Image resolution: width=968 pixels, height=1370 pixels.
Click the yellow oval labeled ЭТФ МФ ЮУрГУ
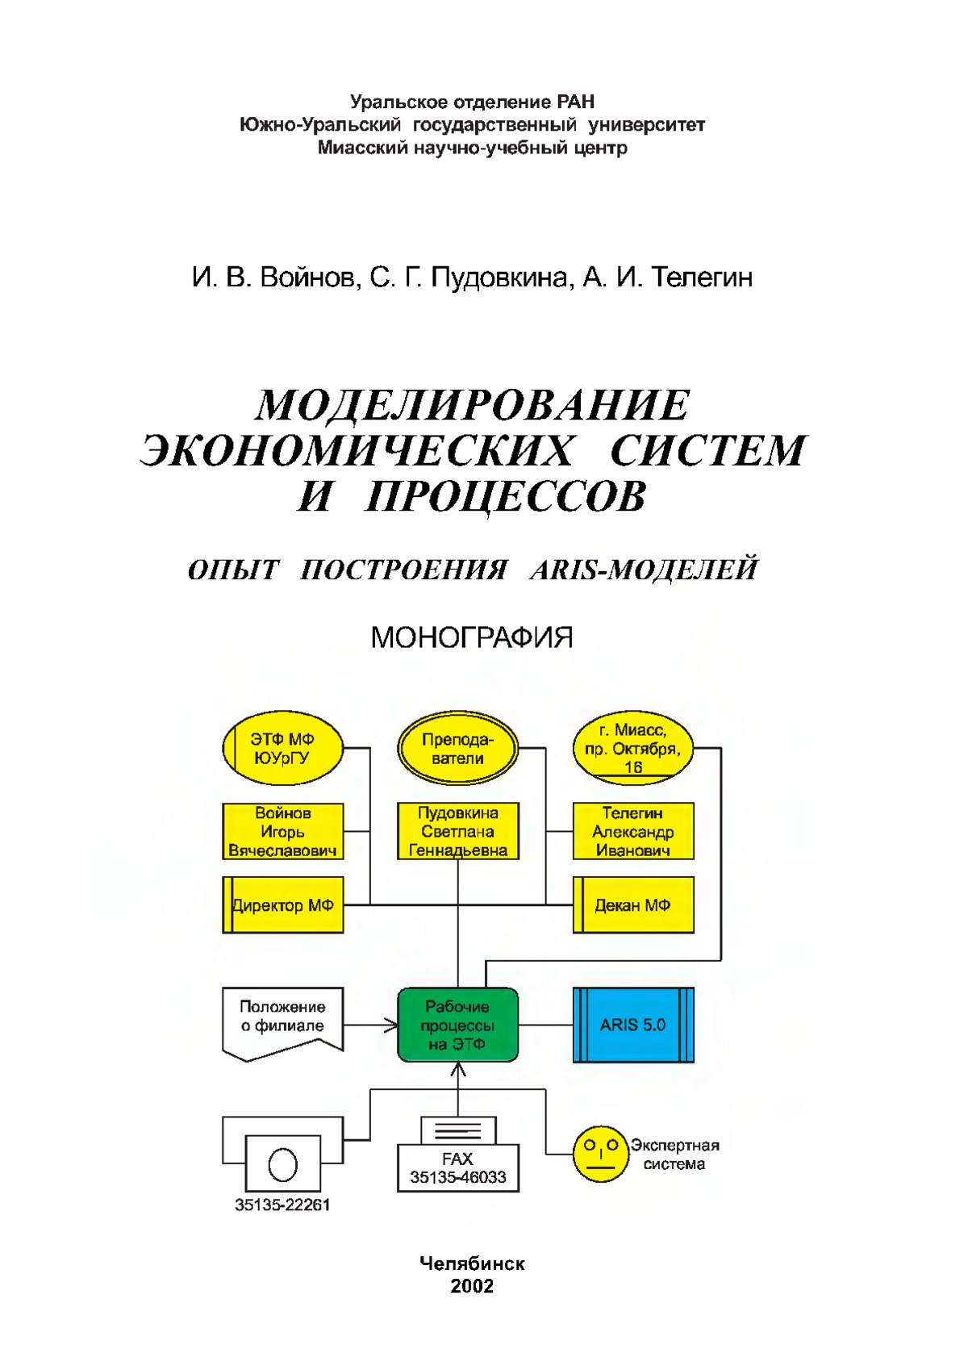pos(282,748)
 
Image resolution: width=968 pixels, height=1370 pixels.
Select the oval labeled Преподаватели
pos(458,748)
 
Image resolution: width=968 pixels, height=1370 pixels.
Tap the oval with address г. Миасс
pos(633,748)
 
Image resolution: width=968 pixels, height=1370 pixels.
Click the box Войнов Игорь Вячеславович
pos(282,831)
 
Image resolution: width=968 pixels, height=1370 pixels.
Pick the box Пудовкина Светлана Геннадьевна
pos(458,831)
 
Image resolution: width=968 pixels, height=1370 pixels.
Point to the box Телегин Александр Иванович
pos(633,831)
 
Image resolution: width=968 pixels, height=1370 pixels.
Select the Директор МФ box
pos(282,904)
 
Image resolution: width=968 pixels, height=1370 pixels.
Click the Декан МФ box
pos(633,904)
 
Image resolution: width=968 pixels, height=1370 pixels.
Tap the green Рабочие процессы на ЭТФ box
pos(458,1025)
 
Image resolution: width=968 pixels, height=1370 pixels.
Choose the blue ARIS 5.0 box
pos(633,1025)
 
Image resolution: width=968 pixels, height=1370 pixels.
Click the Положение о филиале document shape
pos(282,1023)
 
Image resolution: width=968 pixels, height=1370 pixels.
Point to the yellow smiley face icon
pos(600,1154)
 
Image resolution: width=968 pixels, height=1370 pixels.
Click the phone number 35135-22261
pos(282,1205)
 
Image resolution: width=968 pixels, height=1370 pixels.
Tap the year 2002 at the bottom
pos(472,1286)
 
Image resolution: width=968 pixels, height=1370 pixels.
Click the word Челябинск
pos(472,1263)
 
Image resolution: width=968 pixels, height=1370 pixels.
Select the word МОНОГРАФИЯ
pos(472,638)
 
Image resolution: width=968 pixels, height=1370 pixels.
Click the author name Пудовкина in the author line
pos(499,278)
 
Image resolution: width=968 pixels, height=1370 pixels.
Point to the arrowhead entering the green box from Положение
pos(390,1025)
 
